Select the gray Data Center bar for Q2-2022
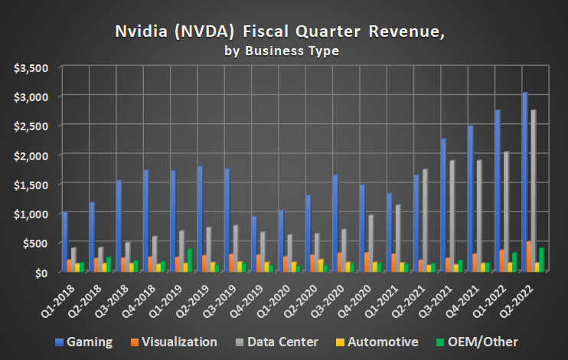[x=534, y=191]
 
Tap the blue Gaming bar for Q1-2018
[x=65, y=241]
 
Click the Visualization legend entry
[x=175, y=342]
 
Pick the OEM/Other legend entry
[x=479, y=342]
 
